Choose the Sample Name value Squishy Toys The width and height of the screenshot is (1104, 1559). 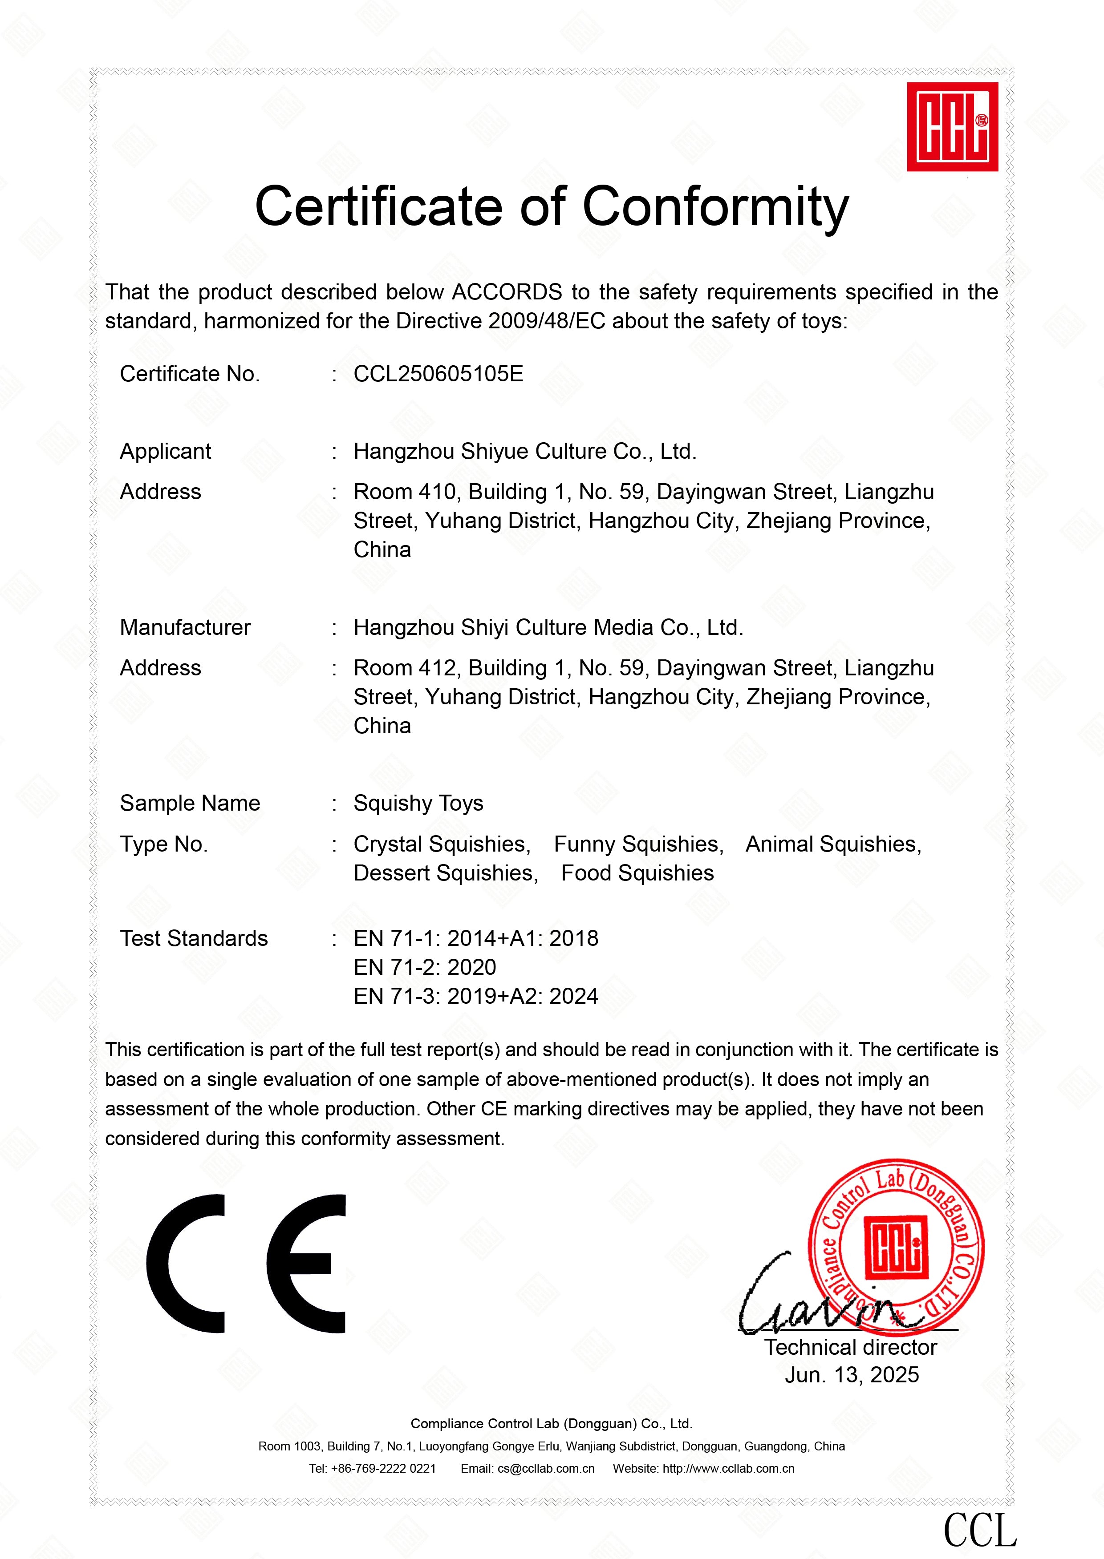(x=418, y=803)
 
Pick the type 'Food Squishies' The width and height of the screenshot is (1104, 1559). (x=637, y=873)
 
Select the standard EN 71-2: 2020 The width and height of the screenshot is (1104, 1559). (x=424, y=967)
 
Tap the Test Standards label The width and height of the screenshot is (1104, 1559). (x=194, y=938)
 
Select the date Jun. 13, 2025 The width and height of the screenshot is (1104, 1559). (x=851, y=1374)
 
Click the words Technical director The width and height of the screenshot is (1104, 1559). (x=850, y=1347)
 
